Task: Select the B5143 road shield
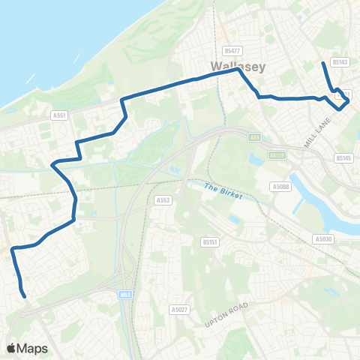340,63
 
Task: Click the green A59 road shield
255,136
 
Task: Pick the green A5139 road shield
277,155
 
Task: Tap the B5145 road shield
343,158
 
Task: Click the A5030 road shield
323,238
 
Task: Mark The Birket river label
224,187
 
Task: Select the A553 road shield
163,200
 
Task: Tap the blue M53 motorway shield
124,295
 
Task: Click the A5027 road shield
178,309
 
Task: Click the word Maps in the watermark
34,348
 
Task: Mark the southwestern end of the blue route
25,295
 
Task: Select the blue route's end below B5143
323,63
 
